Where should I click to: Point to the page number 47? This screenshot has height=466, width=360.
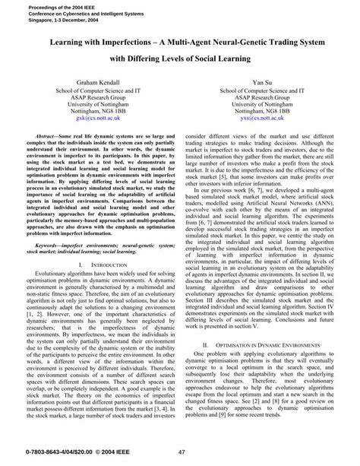click(181, 454)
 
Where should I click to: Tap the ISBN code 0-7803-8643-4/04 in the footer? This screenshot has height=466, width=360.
click(30, 454)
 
